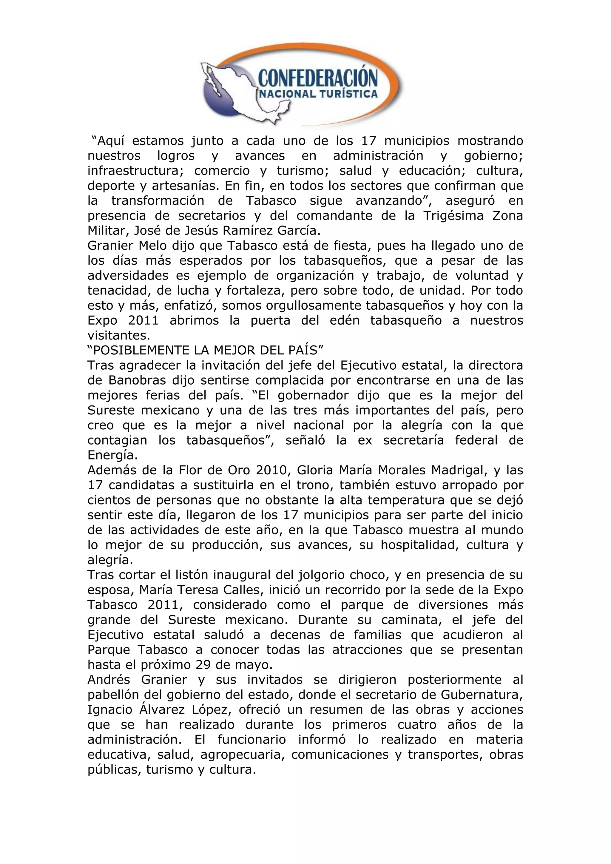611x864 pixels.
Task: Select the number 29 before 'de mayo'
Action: [203, 665]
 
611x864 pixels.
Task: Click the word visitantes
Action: [118, 336]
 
